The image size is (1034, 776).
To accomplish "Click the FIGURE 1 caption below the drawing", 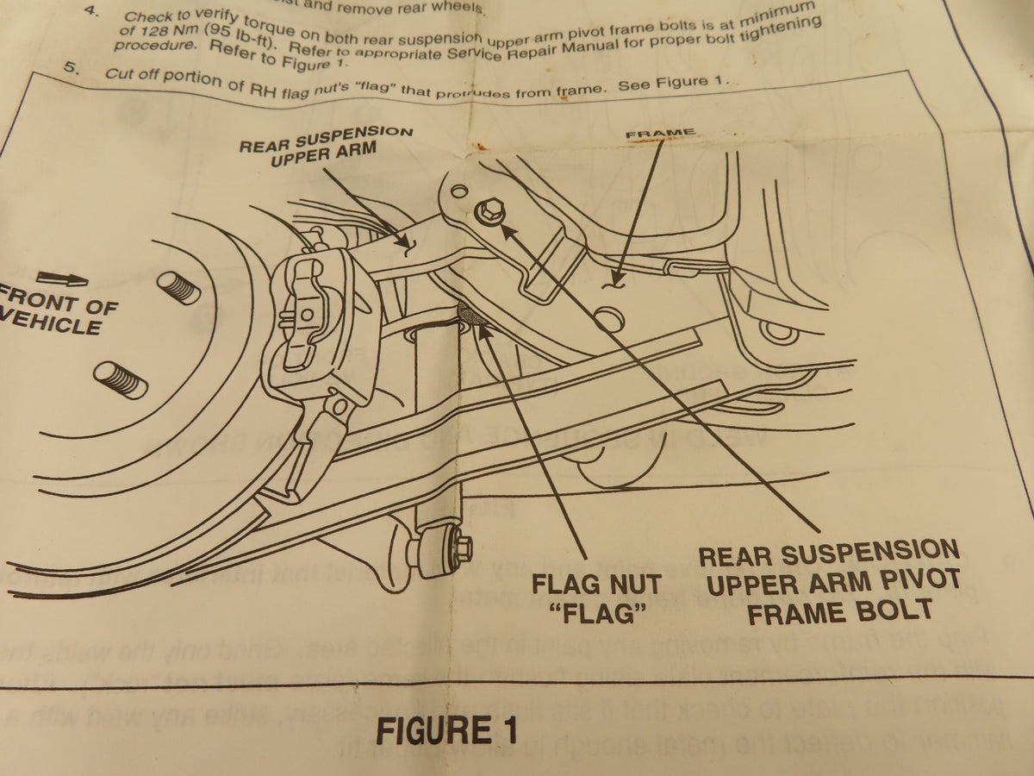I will [445, 729].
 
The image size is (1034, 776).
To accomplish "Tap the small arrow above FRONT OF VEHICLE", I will [62, 279].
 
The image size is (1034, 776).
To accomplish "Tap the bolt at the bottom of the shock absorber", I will [460, 546].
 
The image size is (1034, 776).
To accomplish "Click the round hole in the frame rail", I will [611, 320].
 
